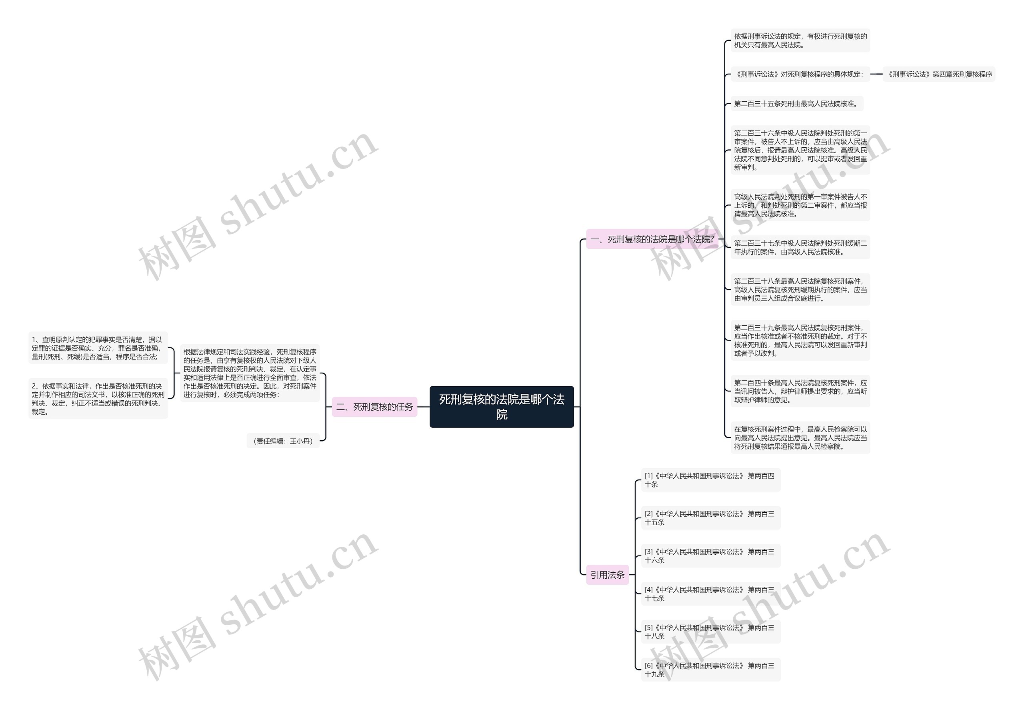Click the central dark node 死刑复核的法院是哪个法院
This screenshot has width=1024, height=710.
(x=501, y=407)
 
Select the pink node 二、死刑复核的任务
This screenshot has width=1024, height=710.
(x=374, y=407)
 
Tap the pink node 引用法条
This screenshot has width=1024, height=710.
(x=607, y=575)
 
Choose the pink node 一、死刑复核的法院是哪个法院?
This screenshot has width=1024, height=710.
(x=652, y=239)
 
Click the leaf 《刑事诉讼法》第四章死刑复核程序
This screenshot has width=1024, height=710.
(x=939, y=74)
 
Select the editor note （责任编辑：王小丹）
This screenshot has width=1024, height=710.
(x=283, y=441)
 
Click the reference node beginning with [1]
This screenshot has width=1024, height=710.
(x=710, y=480)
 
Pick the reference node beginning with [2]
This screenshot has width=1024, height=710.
(x=710, y=518)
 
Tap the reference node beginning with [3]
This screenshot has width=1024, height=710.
(x=710, y=556)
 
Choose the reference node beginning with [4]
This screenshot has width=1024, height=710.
(x=710, y=594)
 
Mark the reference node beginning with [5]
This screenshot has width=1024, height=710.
(x=710, y=632)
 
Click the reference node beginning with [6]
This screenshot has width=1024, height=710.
(x=710, y=670)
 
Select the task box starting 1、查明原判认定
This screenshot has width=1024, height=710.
(x=98, y=348)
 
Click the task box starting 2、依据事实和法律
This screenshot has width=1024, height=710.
(x=98, y=399)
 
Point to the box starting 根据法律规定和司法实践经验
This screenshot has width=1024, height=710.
(x=250, y=373)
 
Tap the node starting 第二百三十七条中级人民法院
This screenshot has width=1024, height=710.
(x=800, y=247)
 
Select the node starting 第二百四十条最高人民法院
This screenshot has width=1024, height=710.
(x=800, y=391)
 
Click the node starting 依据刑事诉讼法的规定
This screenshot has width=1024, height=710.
(x=800, y=40)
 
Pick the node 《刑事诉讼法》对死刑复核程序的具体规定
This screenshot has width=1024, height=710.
(x=799, y=74)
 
